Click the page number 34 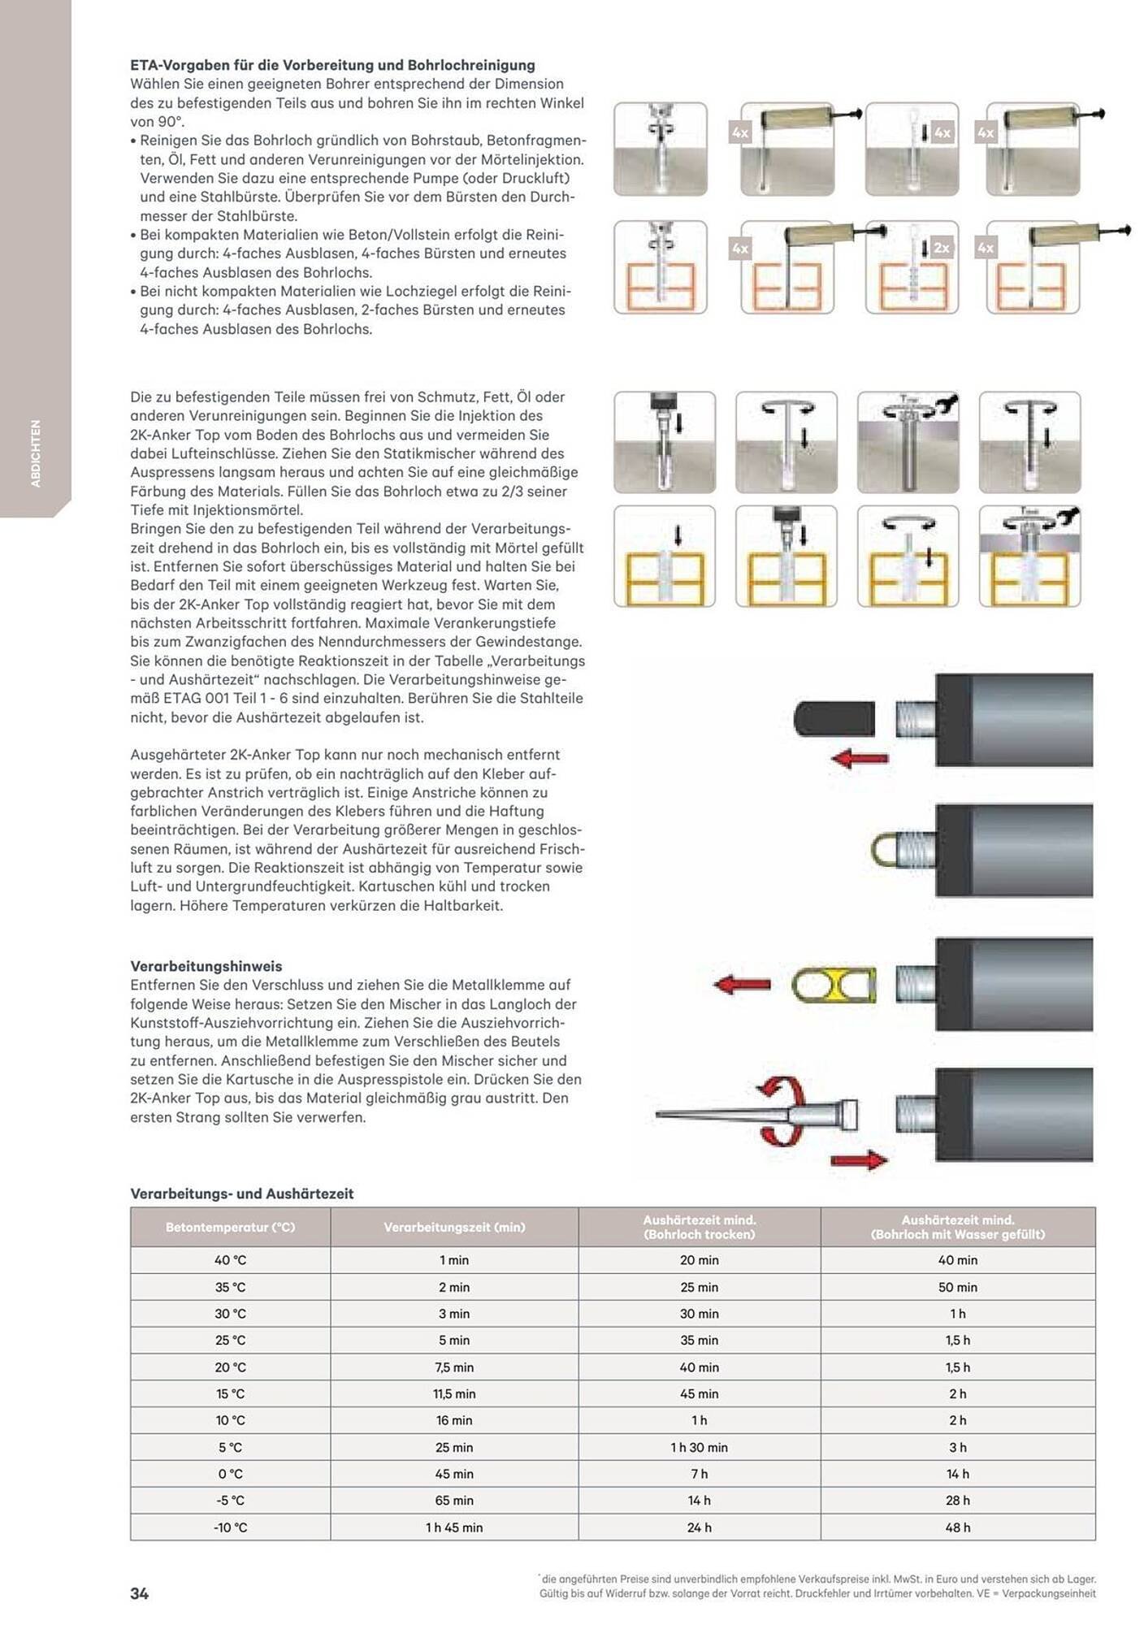[x=139, y=1593]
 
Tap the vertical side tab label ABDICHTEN [x=35, y=453]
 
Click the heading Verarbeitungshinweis [x=206, y=966]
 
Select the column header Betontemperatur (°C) [x=230, y=1227]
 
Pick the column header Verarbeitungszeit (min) [x=454, y=1227]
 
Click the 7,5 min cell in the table [x=454, y=1367]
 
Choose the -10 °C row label [x=230, y=1527]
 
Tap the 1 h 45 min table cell [x=454, y=1527]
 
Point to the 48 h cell [x=958, y=1527]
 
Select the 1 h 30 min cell [x=699, y=1447]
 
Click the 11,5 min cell [x=454, y=1393]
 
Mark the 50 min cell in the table [x=958, y=1287]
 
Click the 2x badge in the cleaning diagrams [x=941, y=248]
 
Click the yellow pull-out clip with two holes [x=834, y=986]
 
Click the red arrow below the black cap [x=860, y=760]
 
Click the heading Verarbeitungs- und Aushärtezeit [x=241, y=1194]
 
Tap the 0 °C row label [x=230, y=1474]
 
